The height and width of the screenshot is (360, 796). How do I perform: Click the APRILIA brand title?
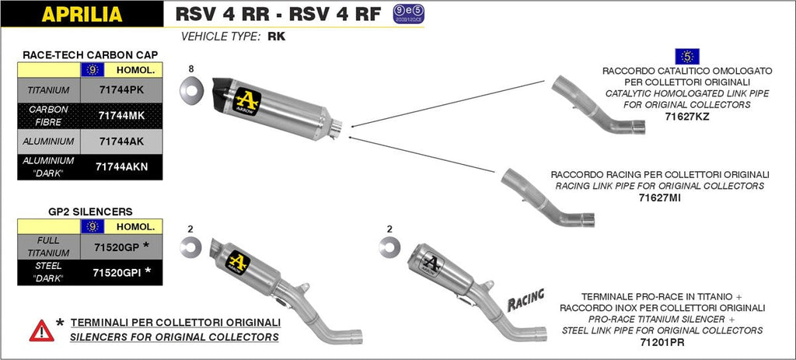tap(81, 13)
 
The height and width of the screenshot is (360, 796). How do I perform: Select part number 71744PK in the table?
tap(121, 89)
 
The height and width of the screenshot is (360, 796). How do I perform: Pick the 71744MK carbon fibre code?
tap(121, 115)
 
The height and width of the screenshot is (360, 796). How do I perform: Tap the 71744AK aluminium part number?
tap(121, 142)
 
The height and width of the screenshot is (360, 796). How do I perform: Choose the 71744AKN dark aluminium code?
tap(121, 166)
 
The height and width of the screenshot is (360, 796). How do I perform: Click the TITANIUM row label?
tap(48, 89)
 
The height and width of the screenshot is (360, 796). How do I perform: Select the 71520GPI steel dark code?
tap(117, 272)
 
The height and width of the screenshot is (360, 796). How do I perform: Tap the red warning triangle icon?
tap(41, 330)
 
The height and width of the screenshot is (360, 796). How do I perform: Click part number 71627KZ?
tap(687, 117)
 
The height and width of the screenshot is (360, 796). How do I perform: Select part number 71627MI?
tap(659, 198)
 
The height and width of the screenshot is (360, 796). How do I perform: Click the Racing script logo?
tap(525, 299)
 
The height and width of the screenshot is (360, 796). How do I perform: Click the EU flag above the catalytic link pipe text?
tap(687, 56)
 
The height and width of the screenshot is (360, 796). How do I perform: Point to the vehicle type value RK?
tap(276, 36)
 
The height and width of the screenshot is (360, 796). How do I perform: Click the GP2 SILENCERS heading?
tap(90, 211)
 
